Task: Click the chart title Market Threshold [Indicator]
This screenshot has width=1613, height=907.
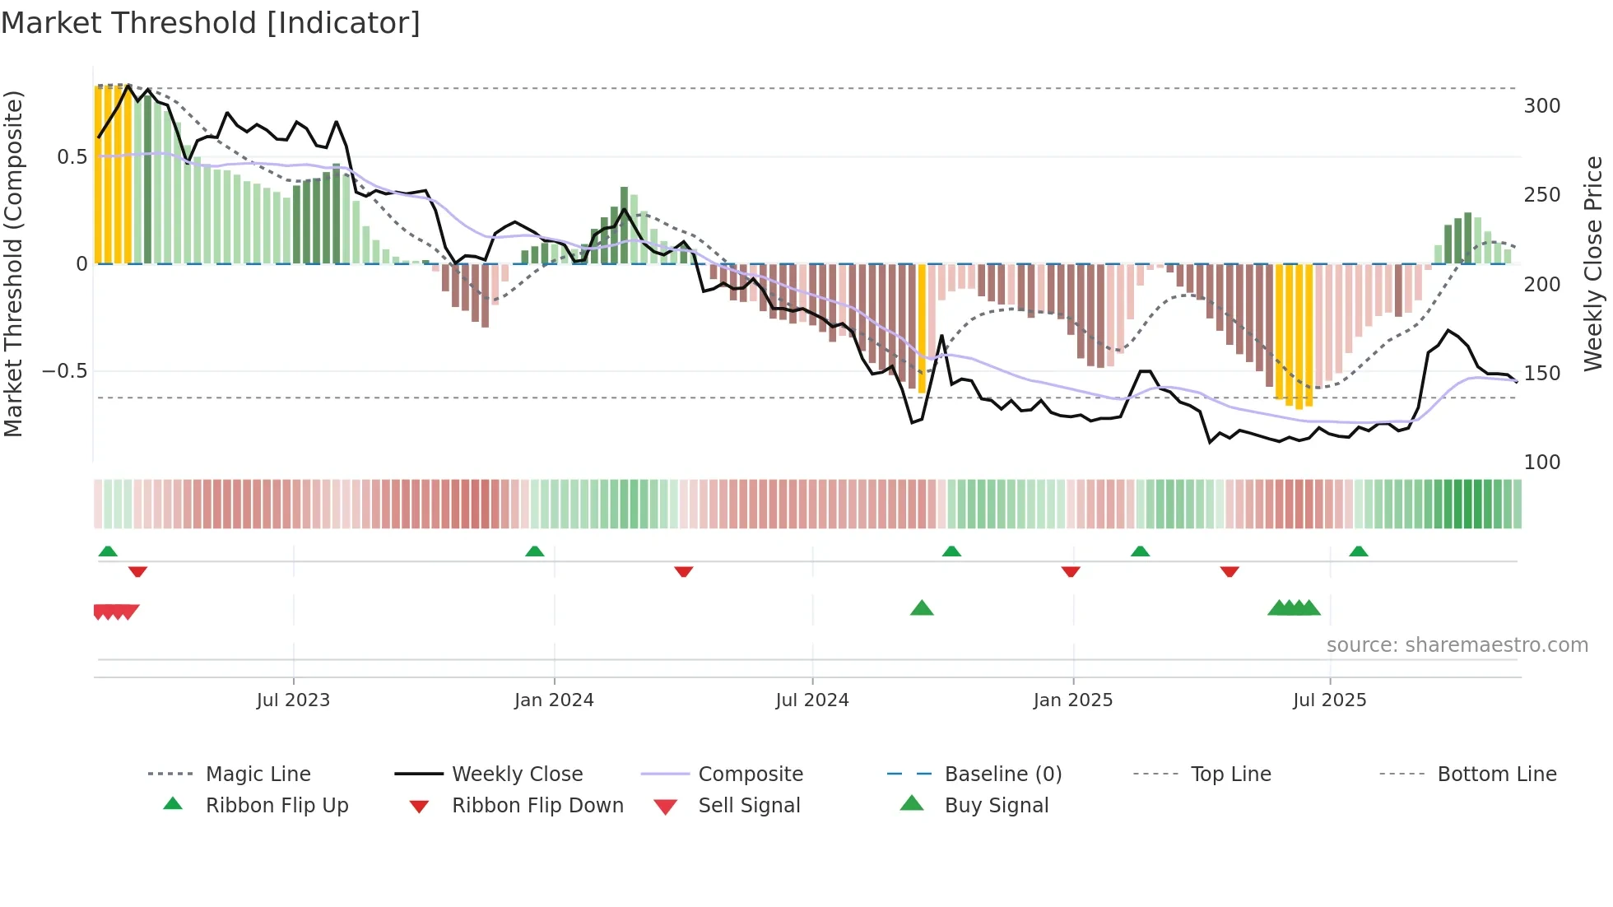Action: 211,23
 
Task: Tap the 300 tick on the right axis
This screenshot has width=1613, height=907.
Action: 1541,106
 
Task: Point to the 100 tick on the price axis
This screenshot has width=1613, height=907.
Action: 1541,463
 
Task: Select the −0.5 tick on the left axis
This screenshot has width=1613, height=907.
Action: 65,371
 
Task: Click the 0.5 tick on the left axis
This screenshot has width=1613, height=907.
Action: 72,157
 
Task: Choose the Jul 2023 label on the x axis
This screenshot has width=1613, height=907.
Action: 293,700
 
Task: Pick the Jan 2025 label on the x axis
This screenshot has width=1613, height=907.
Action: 1072,700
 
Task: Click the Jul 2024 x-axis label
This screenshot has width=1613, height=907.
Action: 811,700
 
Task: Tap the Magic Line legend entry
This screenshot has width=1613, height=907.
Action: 258,774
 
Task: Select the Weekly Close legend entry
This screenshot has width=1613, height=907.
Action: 517,774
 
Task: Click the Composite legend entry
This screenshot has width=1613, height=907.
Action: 750,774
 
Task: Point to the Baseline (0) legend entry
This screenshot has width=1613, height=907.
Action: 1002,774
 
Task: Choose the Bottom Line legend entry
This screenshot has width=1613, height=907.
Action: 1496,774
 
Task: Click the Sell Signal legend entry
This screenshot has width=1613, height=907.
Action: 748,806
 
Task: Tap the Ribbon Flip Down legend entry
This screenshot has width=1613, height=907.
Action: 537,806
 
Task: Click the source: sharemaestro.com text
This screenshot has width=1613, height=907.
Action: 1457,645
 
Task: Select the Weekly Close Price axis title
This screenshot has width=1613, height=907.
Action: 1594,263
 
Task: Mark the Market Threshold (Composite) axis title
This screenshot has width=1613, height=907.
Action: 13,263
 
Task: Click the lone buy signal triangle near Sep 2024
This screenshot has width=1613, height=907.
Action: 922,608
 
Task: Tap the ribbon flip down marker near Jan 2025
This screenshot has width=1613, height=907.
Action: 1070,571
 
